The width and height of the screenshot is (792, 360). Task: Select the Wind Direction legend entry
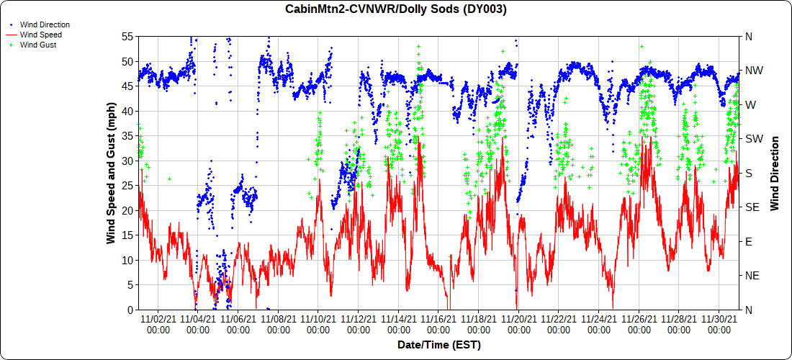(x=45, y=24)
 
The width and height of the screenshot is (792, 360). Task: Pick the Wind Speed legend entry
(x=40, y=35)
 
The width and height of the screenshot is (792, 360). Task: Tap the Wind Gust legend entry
(x=38, y=45)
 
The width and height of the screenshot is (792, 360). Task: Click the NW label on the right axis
(x=754, y=71)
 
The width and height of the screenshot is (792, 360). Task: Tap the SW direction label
(x=753, y=139)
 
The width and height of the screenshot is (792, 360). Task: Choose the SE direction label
(x=752, y=207)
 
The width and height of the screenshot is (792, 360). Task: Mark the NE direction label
(x=752, y=276)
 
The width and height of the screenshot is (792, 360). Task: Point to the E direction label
(x=749, y=241)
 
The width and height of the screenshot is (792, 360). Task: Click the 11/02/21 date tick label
(x=158, y=324)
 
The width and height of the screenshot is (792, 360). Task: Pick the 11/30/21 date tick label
(x=719, y=324)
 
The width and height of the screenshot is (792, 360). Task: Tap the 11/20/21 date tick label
(x=519, y=324)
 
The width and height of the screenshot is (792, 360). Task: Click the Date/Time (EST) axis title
(x=438, y=345)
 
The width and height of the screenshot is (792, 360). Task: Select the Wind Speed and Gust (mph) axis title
(x=112, y=173)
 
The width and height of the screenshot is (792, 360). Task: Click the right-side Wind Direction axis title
(x=775, y=173)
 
